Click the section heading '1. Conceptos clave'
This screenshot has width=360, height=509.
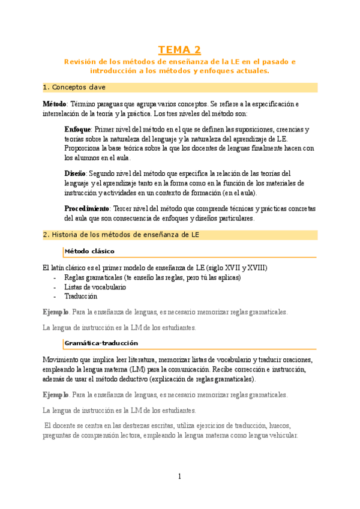point(74,88)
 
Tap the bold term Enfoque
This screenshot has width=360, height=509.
point(77,130)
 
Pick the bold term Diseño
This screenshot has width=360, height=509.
point(75,173)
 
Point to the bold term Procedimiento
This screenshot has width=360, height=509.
point(86,208)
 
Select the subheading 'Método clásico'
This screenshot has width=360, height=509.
point(89,251)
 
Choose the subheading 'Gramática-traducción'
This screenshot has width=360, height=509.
point(101,343)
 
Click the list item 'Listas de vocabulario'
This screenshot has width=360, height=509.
point(95,287)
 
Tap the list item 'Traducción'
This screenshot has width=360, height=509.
point(80,296)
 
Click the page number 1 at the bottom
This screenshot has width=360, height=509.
point(179,477)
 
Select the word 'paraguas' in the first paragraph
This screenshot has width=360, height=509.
point(122,104)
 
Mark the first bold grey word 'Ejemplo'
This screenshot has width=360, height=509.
point(56,312)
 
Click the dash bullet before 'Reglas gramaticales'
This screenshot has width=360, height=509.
point(55,278)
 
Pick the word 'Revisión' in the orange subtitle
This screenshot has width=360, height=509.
point(80,62)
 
